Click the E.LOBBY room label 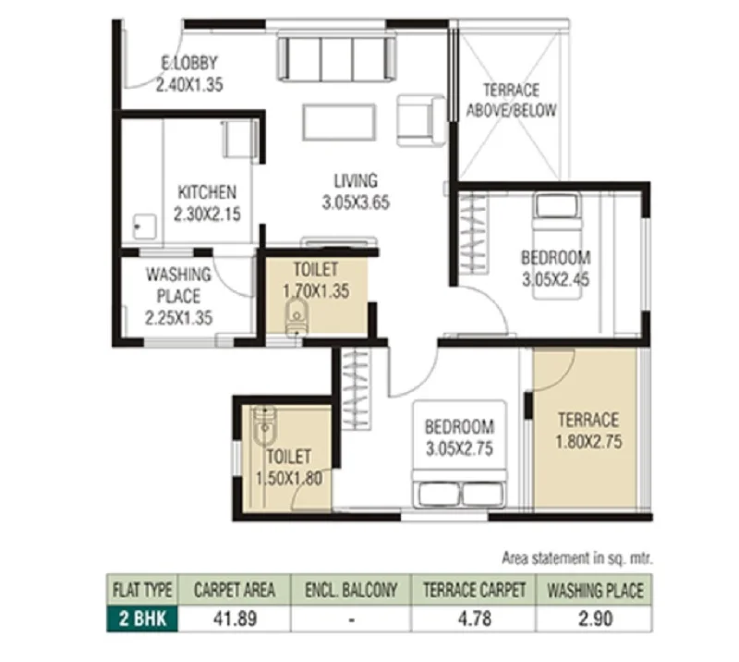pos(189,63)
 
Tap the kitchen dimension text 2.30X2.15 pos(207,214)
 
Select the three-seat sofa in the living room pos(336,56)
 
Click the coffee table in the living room pos(339,122)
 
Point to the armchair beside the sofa pos(421,120)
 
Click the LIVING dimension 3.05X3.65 pos(356,202)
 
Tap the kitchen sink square pos(145,227)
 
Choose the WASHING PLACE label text pos(178,285)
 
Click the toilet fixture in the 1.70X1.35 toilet pos(297,316)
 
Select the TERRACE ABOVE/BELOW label pos(512,100)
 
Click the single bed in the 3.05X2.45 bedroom pos(557,245)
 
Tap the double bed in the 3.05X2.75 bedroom pos(459,454)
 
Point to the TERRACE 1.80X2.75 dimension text pos(588,442)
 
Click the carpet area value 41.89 pos(236,619)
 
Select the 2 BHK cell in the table pos(142,619)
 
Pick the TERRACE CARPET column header pos(474,590)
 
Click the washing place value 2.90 pos(596,619)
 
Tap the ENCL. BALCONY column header pos(351,590)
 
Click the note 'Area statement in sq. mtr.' pos(577,558)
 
